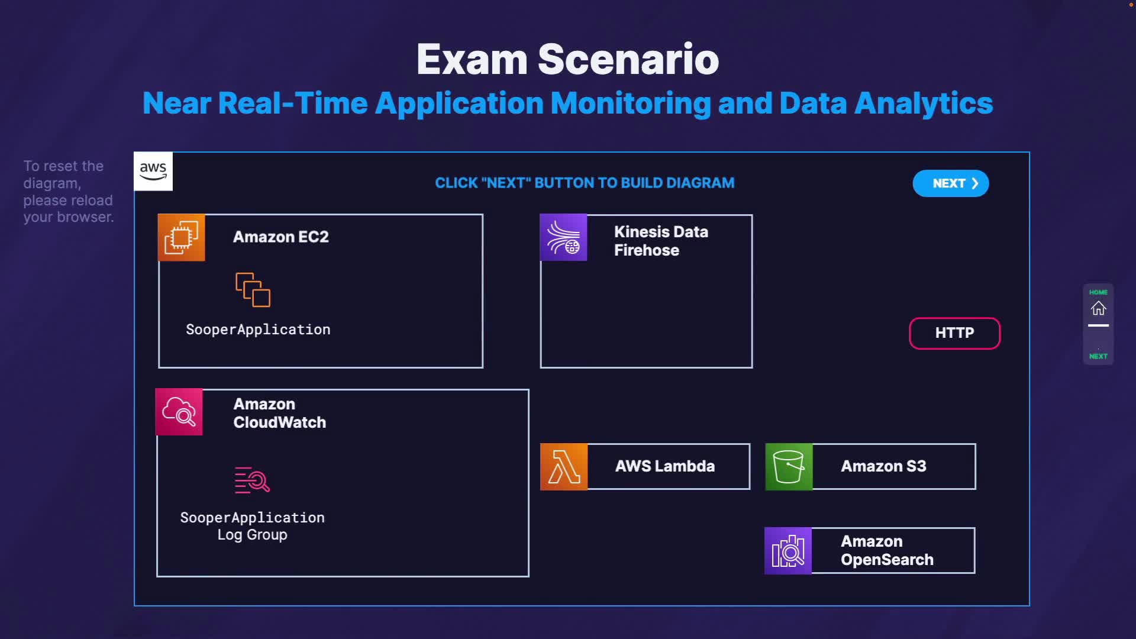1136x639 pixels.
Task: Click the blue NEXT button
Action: click(950, 183)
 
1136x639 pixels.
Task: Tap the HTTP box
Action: click(954, 333)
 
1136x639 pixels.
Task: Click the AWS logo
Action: click(153, 172)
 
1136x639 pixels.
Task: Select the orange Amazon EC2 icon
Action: click(182, 238)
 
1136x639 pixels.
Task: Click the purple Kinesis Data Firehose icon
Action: click(563, 238)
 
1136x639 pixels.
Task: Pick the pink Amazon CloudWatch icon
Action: click(179, 412)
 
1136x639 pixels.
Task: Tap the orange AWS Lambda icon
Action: click(564, 467)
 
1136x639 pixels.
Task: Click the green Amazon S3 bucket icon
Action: click(789, 467)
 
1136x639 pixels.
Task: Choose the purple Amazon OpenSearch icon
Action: click(788, 551)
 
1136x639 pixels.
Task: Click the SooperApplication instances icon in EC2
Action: click(253, 290)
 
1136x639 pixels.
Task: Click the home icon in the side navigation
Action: click(1098, 308)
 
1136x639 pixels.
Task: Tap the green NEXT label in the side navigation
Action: click(1098, 356)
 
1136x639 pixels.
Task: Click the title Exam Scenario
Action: click(567, 59)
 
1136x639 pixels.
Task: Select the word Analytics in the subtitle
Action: click(924, 104)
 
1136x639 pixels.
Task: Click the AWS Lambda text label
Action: click(664, 466)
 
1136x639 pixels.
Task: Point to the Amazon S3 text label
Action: click(883, 466)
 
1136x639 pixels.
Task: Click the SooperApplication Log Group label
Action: click(252, 526)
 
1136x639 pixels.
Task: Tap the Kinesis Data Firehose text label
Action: click(661, 241)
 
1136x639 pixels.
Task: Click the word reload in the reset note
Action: click(94, 200)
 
